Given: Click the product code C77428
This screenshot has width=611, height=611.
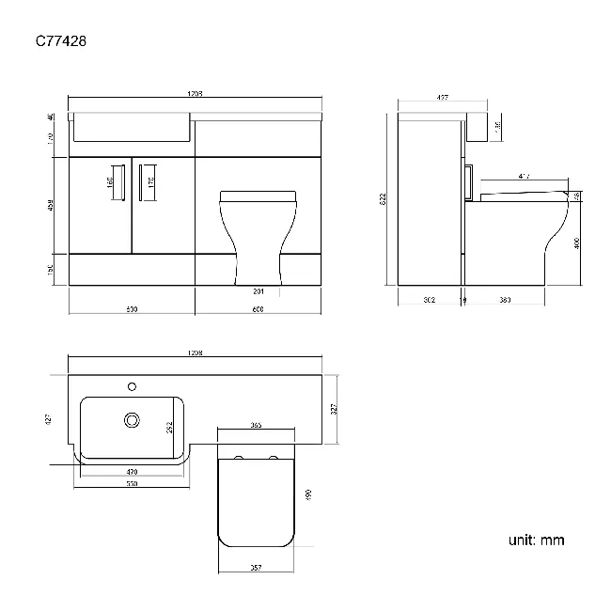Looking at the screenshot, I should (x=62, y=41).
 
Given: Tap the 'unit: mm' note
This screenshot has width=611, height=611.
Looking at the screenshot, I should (x=537, y=540).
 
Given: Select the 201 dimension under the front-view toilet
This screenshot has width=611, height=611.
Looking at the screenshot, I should (x=258, y=290).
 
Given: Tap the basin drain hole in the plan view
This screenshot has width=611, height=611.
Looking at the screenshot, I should (x=132, y=421).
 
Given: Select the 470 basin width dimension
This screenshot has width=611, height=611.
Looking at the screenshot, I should (x=131, y=473).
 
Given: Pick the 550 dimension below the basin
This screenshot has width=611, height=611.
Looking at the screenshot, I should (x=133, y=485).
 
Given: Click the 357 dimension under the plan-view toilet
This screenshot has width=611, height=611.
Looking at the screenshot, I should (x=256, y=568).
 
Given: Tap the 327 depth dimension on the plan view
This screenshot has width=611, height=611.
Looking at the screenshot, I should (x=336, y=408).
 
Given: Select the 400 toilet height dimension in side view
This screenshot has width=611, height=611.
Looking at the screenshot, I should (x=576, y=243).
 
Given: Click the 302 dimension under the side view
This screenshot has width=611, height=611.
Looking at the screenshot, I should (x=429, y=301).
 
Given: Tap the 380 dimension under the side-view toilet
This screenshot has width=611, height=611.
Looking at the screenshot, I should (x=505, y=301).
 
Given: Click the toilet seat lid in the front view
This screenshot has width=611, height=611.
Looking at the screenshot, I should (x=258, y=195).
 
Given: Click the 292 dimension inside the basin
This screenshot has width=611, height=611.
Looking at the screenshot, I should (x=170, y=425).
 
